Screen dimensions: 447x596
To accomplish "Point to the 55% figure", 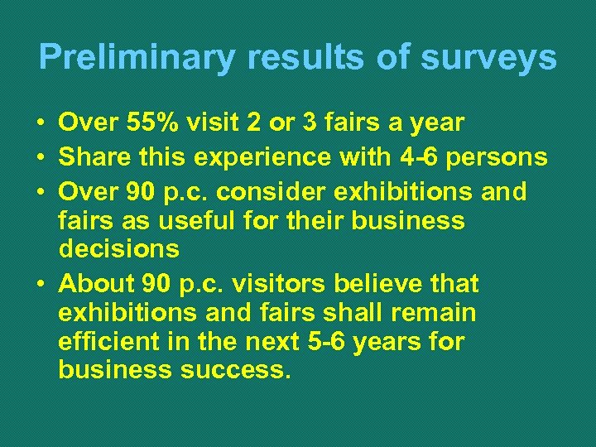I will tap(158, 123).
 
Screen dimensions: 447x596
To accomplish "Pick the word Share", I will tap(90, 156).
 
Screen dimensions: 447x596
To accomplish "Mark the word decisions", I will tap(118, 249).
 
